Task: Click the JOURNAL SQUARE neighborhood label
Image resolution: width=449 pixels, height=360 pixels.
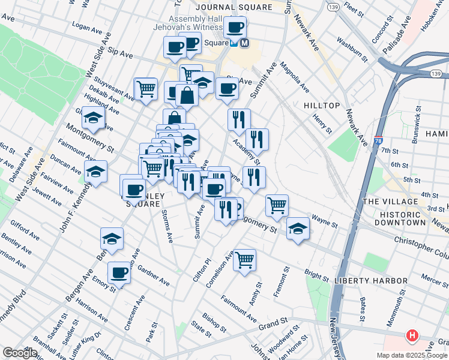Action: pyautogui.click(x=233, y=7)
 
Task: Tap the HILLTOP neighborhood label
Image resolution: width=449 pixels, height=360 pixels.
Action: pyautogui.click(x=322, y=105)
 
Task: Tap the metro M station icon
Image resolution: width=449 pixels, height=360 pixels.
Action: pyautogui.click(x=244, y=43)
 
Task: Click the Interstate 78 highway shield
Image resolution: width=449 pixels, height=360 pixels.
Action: pyautogui.click(x=378, y=142)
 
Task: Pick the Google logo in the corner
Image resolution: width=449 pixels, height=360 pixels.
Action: pyautogui.click(x=20, y=353)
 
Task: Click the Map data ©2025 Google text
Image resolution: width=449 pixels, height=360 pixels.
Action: pyautogui.click(x=412, y=355)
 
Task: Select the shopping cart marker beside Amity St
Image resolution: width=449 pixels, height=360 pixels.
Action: pyautogui.click(x=244, y=260)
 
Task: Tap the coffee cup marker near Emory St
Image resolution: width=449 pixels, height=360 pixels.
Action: pyautogui.click(x=119, y=273)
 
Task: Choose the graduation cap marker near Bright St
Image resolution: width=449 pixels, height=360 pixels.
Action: pyautogui.click(x=298, y=229)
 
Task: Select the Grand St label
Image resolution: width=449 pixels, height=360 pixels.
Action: pyautogui.click(x=274, y=325)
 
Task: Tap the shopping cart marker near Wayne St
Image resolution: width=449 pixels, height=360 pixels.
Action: pyautogui.click(x=277, y=205)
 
